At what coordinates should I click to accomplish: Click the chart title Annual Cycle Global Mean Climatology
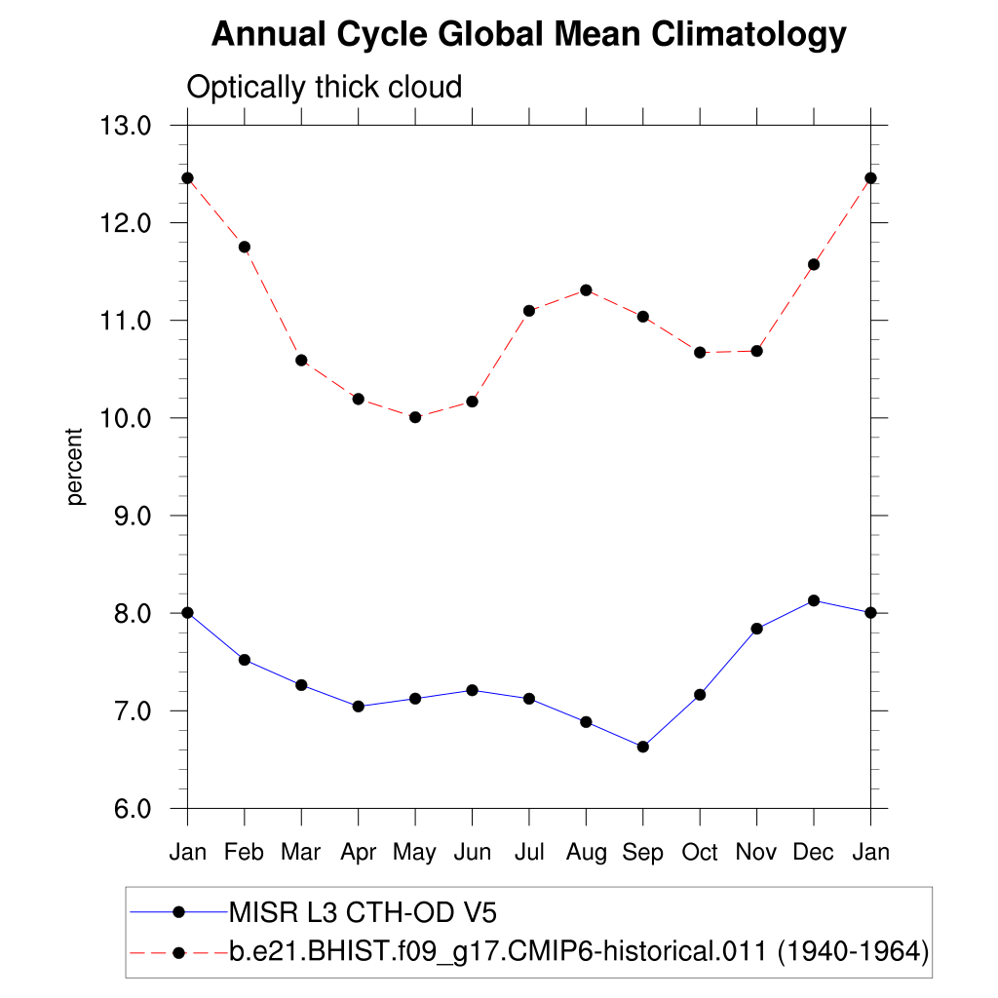tap(528, 35)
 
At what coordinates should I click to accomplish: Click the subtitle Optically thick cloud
tap(324, 88)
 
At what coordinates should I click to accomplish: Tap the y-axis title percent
tap(76, 467)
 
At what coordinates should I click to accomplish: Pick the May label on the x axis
tap(415, 854)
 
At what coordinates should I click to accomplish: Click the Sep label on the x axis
tap(642, 853)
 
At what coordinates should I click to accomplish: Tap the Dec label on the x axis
tap(814, 853)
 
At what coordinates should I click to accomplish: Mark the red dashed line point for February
tap(245, 247)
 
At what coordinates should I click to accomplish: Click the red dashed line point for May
tap(415, 417)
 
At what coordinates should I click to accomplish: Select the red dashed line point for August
tap(586, 290)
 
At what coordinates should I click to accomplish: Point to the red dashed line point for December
tap(814, 264)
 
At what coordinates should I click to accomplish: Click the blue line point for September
tap(642, 747)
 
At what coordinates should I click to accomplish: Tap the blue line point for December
tap(814, 600)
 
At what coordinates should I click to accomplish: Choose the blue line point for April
tap(359, 707)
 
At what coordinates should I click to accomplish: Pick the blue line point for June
tap(472, 690)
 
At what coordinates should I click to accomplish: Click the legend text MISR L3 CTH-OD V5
tap(363, 912)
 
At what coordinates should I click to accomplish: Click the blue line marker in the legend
tap(178, 912)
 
